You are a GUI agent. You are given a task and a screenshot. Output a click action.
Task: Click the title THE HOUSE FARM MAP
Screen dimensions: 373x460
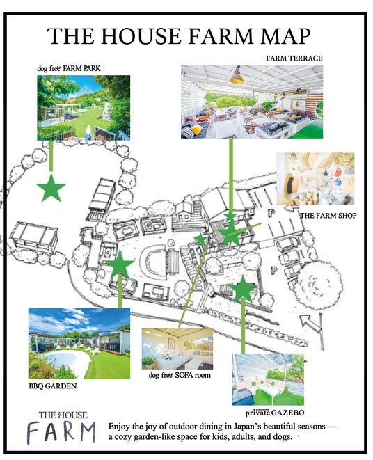click(178, 36)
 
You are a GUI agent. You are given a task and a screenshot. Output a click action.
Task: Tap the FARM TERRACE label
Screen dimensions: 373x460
click(294, 58)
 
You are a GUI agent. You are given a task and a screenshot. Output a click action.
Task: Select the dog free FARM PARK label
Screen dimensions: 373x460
click(69, 68)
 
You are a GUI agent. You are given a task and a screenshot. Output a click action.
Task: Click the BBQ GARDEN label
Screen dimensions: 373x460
click(52, 386)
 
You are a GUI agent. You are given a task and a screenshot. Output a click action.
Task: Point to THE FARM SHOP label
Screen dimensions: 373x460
click(328, 216)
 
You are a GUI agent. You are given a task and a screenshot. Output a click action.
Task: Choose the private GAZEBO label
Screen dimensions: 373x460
click(275, 413)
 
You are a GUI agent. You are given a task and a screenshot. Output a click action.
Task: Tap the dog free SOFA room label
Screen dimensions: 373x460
click(180, 375)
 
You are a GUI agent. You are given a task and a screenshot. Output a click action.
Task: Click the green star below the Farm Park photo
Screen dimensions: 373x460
click(51, 188)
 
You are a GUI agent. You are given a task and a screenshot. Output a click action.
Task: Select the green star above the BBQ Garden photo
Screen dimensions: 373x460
click(120, 264)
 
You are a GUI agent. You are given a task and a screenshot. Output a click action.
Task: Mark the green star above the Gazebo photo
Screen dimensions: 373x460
click(243, 289)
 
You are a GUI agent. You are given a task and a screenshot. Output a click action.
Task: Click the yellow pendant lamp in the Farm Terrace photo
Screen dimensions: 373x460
click(237, 78)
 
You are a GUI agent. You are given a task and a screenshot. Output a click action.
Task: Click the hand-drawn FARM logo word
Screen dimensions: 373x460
click(61, 432)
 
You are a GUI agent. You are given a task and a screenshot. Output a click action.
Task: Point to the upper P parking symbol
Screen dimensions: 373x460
click(271, 213)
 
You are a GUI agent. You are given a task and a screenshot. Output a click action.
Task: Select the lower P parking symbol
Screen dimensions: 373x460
click(273, 270)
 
